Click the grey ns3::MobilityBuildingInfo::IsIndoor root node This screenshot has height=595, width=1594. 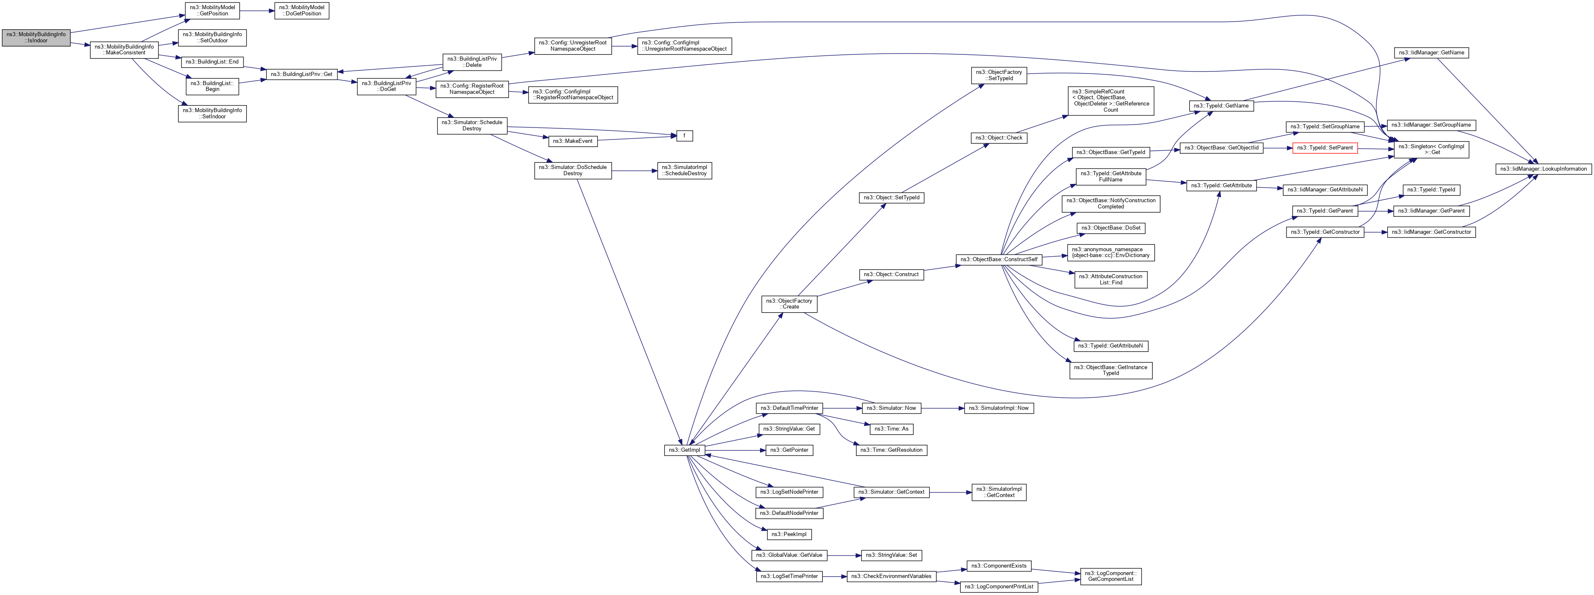click(36, 37)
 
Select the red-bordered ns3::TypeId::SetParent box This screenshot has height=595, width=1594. click(1324, 148)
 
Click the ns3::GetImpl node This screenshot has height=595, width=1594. click(683, 450)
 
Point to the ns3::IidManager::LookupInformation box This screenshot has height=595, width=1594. click(1543, 169)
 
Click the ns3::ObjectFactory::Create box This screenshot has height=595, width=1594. click(789, 304)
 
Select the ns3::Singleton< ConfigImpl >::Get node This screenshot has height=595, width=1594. click(1431, 149)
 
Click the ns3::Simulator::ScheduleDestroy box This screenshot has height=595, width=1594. click(472, 125)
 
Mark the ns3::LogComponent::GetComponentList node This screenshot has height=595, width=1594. click(1111, 576)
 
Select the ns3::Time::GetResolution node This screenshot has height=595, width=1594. click(892, 450)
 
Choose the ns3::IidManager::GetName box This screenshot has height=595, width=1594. click(1431, 53)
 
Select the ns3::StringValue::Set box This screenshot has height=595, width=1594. click(892, 556)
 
